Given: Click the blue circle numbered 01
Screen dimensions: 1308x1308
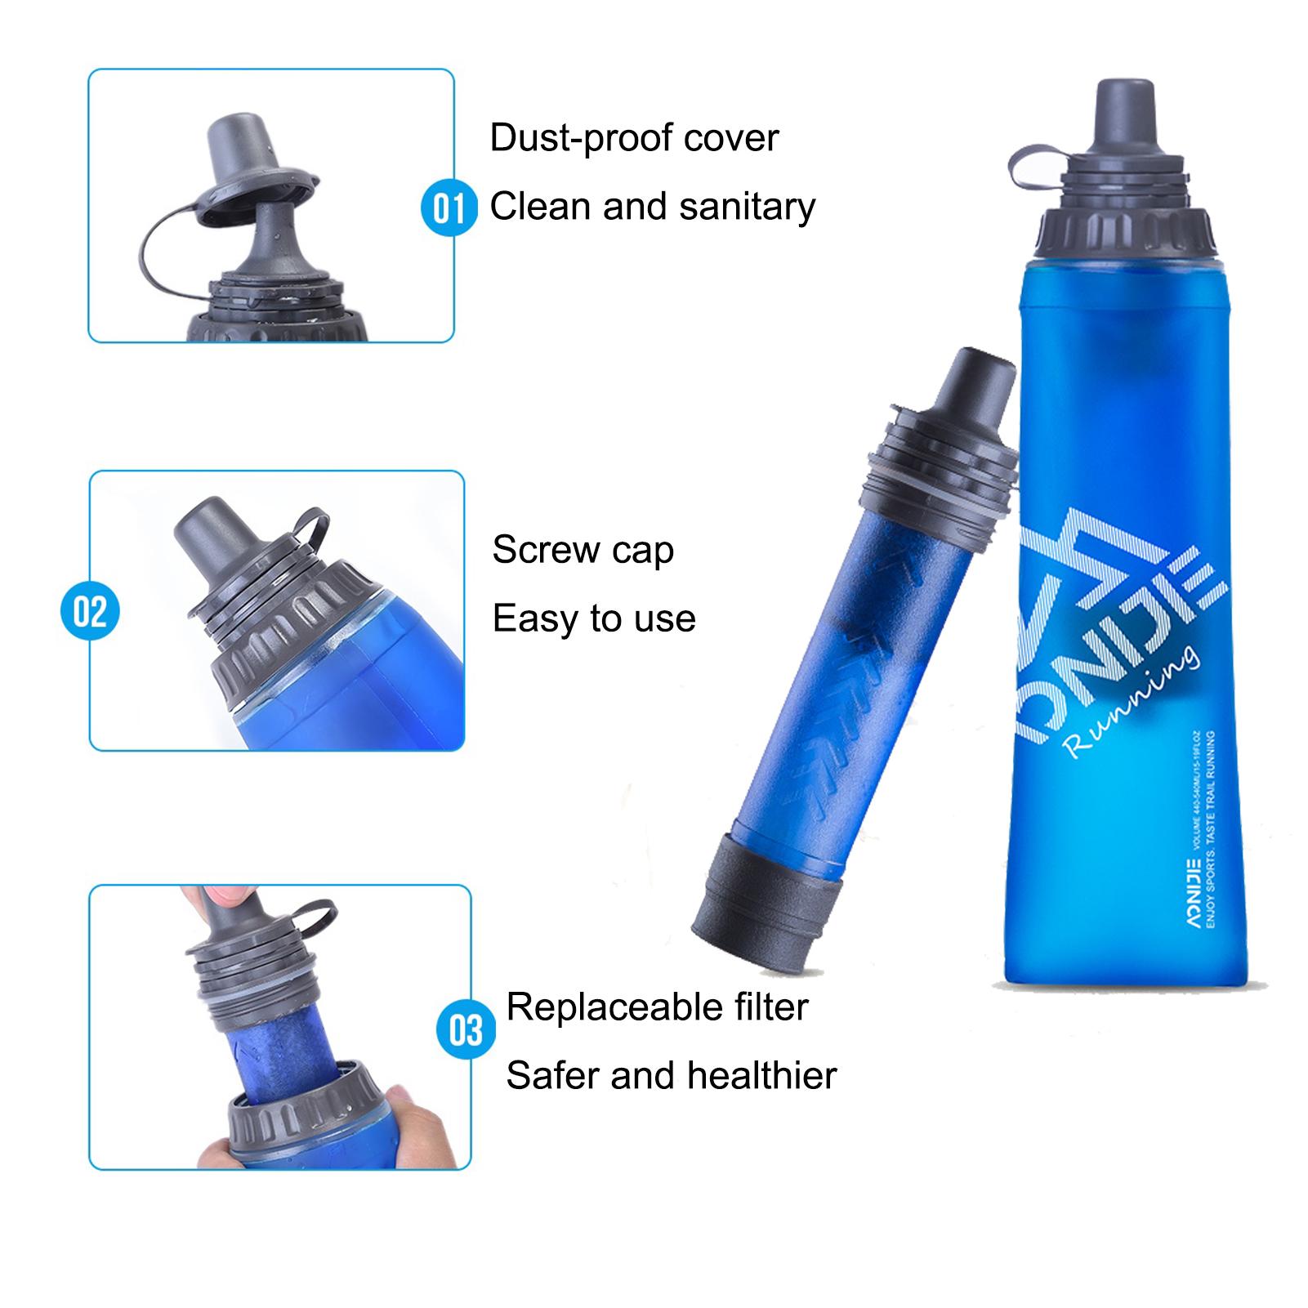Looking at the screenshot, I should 449,208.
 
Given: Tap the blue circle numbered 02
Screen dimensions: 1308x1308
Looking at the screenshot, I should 91,612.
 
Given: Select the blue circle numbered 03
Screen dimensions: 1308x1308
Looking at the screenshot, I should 466,1030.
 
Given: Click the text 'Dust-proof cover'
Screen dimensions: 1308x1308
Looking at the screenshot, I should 634,138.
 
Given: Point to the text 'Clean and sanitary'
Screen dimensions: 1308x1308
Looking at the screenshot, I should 652,207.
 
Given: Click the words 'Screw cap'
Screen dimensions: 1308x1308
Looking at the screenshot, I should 583,551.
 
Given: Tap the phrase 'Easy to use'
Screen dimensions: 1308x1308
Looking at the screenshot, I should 594,618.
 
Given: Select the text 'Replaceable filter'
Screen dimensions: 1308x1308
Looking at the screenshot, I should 657,1007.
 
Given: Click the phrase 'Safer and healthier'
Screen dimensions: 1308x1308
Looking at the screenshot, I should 671,1075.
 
